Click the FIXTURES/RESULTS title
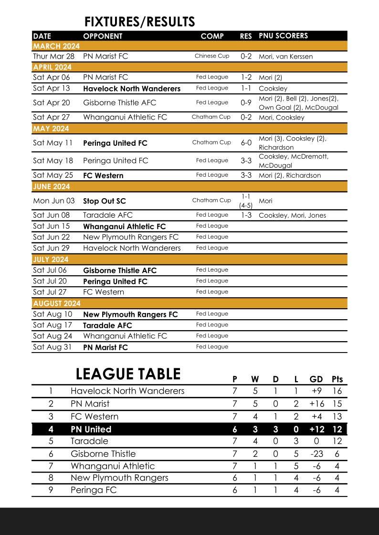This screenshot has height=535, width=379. click(x=139, y=22)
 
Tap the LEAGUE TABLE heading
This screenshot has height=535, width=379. click(x=128, y=374)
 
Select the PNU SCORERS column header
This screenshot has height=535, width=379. click(x=283, y=36)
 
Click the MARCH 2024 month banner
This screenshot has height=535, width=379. click(x=56, y=46)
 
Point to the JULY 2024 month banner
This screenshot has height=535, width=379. click(x=51, y=260)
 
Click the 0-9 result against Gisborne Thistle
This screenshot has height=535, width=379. click(x=246, y=102)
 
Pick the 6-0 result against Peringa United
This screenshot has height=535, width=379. click(x=246, y=142)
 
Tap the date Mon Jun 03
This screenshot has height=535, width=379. click(x=54, y=201)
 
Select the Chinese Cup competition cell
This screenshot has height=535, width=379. click(x=212, y=56)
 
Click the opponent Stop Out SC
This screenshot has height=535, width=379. click(x=105, y=201)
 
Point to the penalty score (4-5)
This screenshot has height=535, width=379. click(x=246, y=205)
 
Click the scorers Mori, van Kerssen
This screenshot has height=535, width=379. click(x=285, y=56)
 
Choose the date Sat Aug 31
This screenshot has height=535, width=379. click(x=52, y=347)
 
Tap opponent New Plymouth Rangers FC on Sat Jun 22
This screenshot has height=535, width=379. click(x=131, y=237)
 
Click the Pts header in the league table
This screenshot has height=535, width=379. click(x=337, y=379)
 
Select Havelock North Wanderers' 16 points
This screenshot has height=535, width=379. click(x=337, y=391)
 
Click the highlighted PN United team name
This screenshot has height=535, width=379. click(x=91, y=429)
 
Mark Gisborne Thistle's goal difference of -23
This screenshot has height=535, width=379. click(x=316, y=454)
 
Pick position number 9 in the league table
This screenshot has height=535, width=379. click(x=51, y=490)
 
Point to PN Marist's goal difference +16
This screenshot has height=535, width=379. click(x=316, y=404)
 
